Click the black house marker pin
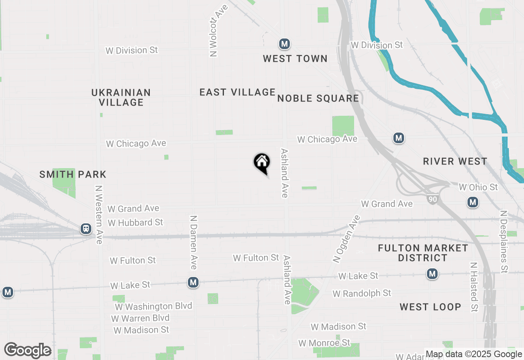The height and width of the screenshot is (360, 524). click(262, 163)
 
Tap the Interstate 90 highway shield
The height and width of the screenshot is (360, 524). click(431, 199)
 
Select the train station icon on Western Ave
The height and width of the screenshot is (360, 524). click(86, 229)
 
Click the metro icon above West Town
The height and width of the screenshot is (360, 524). click(285, 44)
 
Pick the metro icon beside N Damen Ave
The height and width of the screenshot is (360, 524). click(193, 282)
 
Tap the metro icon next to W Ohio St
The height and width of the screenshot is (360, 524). click(473, 202)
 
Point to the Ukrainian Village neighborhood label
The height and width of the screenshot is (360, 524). click(121, 97)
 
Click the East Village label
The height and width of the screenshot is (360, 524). click(237, 92)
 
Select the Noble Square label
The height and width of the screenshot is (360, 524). click(318, 98)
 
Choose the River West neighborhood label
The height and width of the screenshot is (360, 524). click(455, 161)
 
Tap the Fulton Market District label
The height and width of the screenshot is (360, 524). click(423, 253)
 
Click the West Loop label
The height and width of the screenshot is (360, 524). click(430, 307)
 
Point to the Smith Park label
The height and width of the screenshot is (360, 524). click(73, 175)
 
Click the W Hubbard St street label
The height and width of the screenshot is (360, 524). click(136, 223)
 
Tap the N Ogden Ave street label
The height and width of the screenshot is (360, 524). click(346, 239)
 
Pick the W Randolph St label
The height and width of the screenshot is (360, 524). click(362, 293)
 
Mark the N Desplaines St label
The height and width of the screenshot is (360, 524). click(504, 241)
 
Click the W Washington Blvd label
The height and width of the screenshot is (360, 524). click(154, 306)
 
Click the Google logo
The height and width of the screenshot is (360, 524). click(27, 350)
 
